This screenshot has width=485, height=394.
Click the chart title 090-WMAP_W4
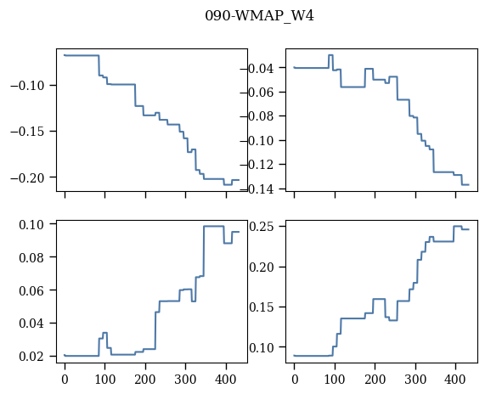(260, 16)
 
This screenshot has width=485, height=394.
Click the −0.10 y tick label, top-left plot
(27, 86)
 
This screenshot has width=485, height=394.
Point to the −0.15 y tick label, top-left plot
(27, 132)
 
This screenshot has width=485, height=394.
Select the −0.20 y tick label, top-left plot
(27, 177)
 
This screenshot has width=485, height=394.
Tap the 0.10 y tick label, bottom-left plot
(31, 224)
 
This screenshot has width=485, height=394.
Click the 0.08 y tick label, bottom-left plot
(31, 257)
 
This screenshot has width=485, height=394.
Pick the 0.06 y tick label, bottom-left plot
(31, 290)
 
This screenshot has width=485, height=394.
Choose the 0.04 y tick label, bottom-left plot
(31, 324)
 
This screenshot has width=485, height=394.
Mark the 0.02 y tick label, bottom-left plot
(31, 357)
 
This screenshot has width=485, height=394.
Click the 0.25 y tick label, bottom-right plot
(262, 227)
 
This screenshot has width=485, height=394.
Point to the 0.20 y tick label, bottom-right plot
(262, 267)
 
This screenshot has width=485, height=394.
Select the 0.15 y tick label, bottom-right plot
(262, 307)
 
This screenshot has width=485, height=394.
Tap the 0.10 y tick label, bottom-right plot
(262, 347)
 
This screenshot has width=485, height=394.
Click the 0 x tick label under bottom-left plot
(65, 379)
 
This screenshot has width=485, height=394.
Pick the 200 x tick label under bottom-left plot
(145, 379)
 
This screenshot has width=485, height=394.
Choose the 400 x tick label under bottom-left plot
(226, 379)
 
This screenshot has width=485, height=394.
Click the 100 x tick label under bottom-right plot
(335, 379)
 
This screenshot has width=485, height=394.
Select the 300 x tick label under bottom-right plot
(415, 379)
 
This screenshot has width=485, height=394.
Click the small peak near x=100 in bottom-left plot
(104, 333)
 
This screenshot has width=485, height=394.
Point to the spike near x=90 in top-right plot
(330, 55)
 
